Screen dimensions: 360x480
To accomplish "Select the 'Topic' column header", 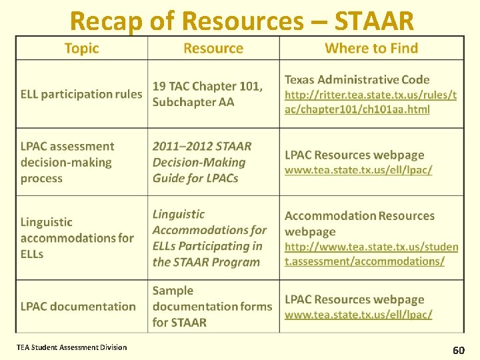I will tap(81, 48).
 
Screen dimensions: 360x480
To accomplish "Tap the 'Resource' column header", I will tap(213, 48).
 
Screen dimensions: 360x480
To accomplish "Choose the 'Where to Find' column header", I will tap(371, 48).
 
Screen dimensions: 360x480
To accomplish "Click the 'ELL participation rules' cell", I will tap(81, 94).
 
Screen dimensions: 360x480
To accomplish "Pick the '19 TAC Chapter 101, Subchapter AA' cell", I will tap(207, 94).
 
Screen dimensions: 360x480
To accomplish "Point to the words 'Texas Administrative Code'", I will tap(357, 79).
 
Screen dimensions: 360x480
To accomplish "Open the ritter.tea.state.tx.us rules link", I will tap(370, 102).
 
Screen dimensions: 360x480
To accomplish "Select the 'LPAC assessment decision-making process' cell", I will tap(67, 162).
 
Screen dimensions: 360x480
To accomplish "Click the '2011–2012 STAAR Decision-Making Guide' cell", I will tap(202, 162).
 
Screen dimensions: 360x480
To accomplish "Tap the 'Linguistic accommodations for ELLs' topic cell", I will tap(77, 238).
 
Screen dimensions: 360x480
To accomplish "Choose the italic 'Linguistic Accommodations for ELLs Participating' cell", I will tap(209, 238).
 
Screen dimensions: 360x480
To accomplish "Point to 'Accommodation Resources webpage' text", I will tap(359, 223).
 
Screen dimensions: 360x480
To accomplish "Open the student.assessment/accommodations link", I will tap(371, 254).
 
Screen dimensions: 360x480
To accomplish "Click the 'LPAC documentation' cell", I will tap(78, 307).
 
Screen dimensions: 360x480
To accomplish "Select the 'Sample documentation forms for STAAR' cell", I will tap(212, 307).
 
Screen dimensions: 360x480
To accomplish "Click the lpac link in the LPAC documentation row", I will tap(358, 314).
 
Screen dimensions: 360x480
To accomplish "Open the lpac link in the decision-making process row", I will tap(358, 170).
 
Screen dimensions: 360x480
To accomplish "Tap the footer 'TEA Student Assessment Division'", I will tap(72, 347).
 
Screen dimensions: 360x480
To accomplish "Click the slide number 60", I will tap(459, 350).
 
